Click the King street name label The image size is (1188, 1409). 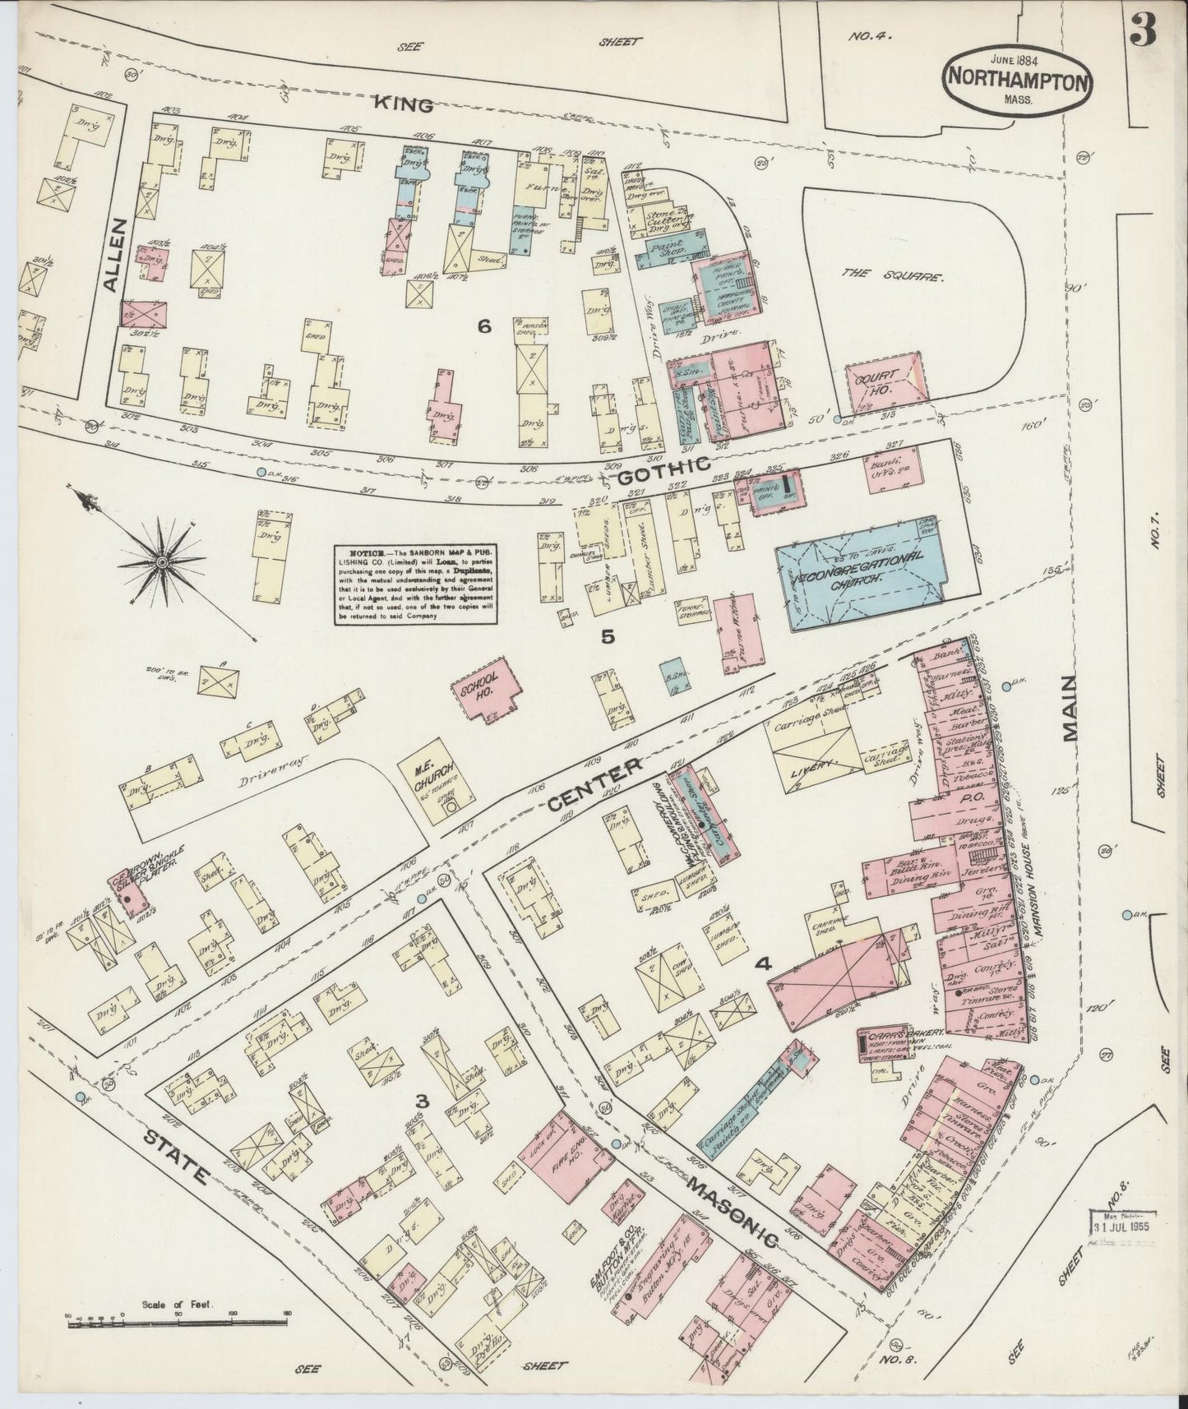(404, 104)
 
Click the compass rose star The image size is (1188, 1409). (162, 561)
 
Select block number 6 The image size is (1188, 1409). (483, 327)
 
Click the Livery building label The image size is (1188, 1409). (818, 761)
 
